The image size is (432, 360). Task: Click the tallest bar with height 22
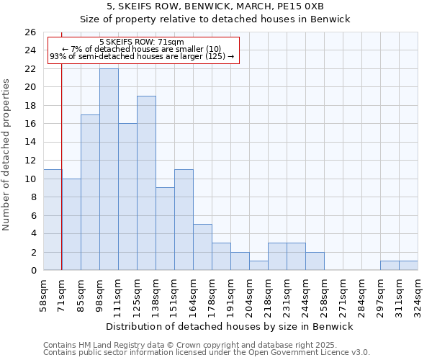click(109, 169)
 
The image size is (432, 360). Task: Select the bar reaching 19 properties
click(146, 183)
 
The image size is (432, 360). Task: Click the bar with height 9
click(165, 229)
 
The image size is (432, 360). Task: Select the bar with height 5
click(202, 247)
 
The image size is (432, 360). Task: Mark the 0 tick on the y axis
click(33, 271)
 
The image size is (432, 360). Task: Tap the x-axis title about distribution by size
click(230, 326)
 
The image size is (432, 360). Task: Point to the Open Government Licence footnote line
click(207, 353)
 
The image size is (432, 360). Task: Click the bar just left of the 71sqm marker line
click(53, 220)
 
